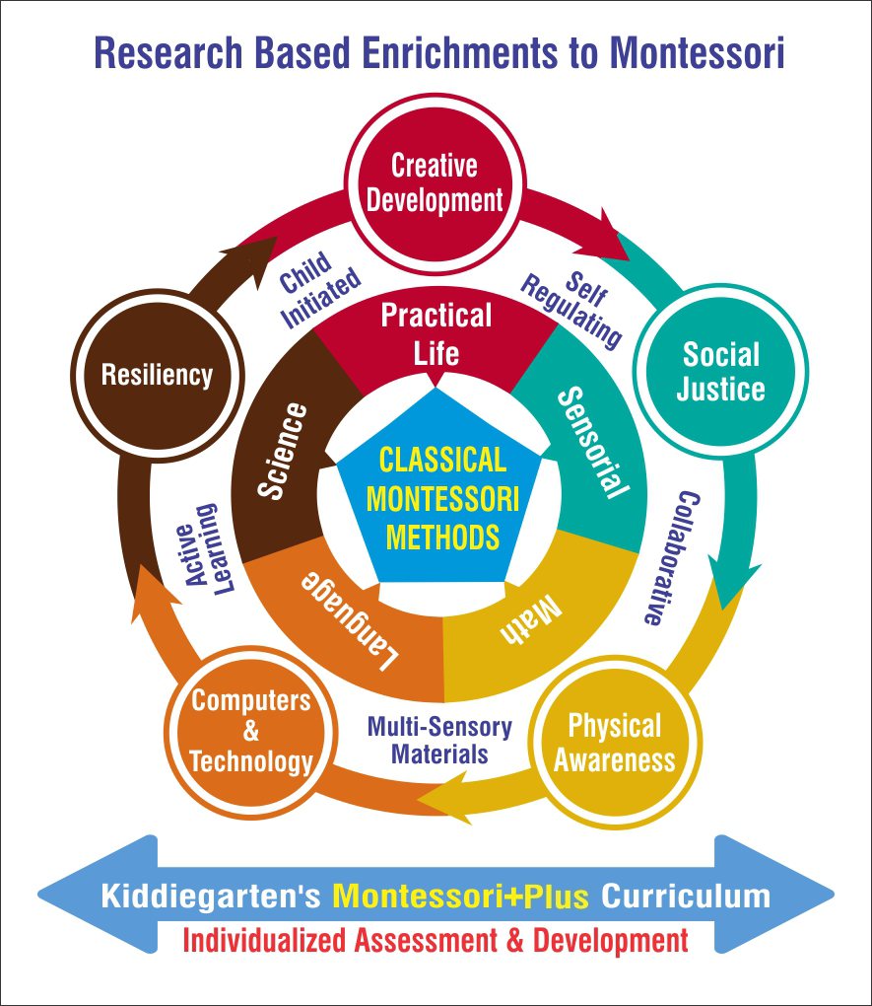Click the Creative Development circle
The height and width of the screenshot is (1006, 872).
[434, 182]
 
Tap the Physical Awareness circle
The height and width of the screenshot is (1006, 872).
[614, 744]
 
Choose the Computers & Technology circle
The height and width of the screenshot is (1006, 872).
[251, 731]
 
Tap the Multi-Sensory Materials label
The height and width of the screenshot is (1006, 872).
[438, 741]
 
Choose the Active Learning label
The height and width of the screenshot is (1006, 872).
[210, 549]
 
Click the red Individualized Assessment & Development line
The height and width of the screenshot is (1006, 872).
[436, 938]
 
